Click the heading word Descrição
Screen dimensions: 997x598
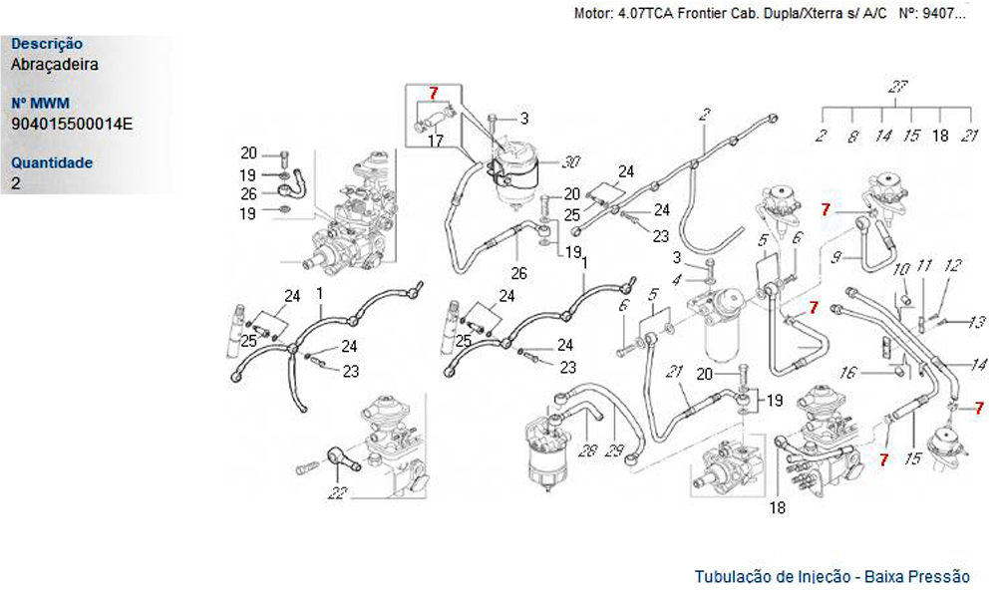(47, 44)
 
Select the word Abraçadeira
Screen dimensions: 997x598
(55, 64)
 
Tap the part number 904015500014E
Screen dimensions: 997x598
(72, 124)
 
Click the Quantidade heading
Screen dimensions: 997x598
(52, 162)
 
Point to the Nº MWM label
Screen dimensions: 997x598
(40, 103)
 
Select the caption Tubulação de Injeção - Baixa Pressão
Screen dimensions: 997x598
(831, 576)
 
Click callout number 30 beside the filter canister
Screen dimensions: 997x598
(570, 162)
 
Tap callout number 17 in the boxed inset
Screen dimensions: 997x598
(435, 140)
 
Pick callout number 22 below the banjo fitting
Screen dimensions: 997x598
(337, 492)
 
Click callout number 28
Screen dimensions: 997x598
(587, 450)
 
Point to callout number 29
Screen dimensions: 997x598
(614, 450)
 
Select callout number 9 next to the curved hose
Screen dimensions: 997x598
(836, 257)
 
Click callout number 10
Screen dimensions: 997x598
(901, 269)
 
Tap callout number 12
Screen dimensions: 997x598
(952, 265)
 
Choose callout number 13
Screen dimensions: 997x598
(977, 322)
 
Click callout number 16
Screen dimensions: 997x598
(847, 373)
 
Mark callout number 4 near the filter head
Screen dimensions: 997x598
(677, 280)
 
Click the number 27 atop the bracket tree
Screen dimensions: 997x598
(897, 87)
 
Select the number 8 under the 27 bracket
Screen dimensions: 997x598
(852, 136)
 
